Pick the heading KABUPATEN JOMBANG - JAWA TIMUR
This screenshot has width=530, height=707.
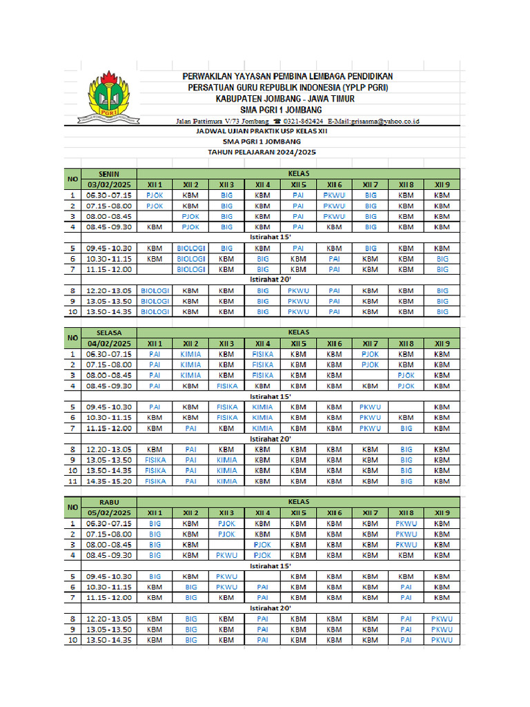tap(285, 99)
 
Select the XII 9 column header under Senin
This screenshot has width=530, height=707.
tap(442, 185)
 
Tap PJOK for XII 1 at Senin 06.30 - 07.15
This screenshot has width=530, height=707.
tap(155, 195)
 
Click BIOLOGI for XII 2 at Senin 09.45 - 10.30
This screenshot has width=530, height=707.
tap(191, 248)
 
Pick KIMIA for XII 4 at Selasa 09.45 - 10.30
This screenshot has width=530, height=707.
tap(262, 407)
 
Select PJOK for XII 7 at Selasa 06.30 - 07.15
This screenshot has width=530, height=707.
tap(371, 354)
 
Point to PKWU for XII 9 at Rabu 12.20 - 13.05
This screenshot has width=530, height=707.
tap(442, 619)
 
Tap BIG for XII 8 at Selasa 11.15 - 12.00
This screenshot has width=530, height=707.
tap(406, 428)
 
